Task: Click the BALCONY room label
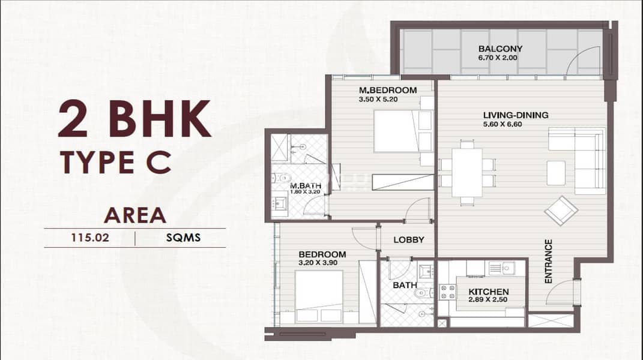(x=500, y=49)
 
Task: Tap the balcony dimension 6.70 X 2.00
(x=498, y=58)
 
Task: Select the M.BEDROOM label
(x=388, y=90)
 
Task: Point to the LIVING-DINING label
(x=516, y=115)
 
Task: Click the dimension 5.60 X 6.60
(x=503, y=124)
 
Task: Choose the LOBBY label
(x=408, y=240)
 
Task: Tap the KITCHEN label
(x=488, y=292)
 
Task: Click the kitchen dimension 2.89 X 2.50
(x=488, y=300)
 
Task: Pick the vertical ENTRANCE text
(x=548, y=262)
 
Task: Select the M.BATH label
(x=306, y=186)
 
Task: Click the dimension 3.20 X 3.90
(x=318, y=263)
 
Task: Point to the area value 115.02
(x=90, y=238)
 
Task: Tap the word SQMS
(x=183, y=238)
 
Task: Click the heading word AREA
(x=135, y=215)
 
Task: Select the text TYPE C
(x=115, y=162)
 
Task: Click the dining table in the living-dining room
(x=467, y=173)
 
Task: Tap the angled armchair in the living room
(x=561, y=211)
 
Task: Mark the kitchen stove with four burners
(x=447, y=292)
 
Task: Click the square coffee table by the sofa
(x=556, y=173)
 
